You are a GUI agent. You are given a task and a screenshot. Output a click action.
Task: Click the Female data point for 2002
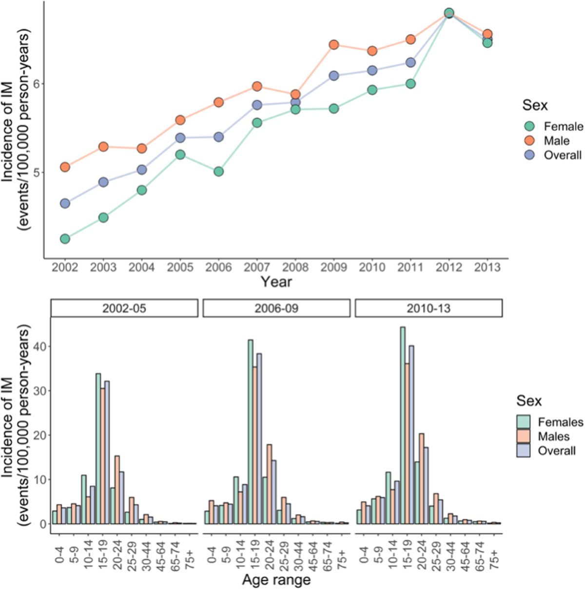coord(65,239)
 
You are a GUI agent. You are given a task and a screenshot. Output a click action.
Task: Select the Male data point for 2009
coord(334,45)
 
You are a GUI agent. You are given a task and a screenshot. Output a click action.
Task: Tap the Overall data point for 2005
coord(180,138)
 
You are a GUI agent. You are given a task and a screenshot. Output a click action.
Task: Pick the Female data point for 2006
coord(218,171)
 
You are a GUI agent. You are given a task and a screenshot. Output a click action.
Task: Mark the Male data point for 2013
coord(487,34)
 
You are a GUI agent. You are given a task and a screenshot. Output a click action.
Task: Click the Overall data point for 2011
coord(410,62)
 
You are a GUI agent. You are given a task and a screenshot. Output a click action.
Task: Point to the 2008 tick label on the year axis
coord(295,267)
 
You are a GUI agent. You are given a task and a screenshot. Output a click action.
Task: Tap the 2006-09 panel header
coord(276,308)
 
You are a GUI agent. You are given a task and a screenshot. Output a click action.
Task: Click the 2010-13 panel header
coord(429,308)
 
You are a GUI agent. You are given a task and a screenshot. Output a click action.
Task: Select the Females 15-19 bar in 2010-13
coord(403,425)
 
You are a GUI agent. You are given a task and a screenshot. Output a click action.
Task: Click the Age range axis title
coord(276,580)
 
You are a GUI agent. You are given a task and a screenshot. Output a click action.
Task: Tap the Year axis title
coord(276,282)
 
